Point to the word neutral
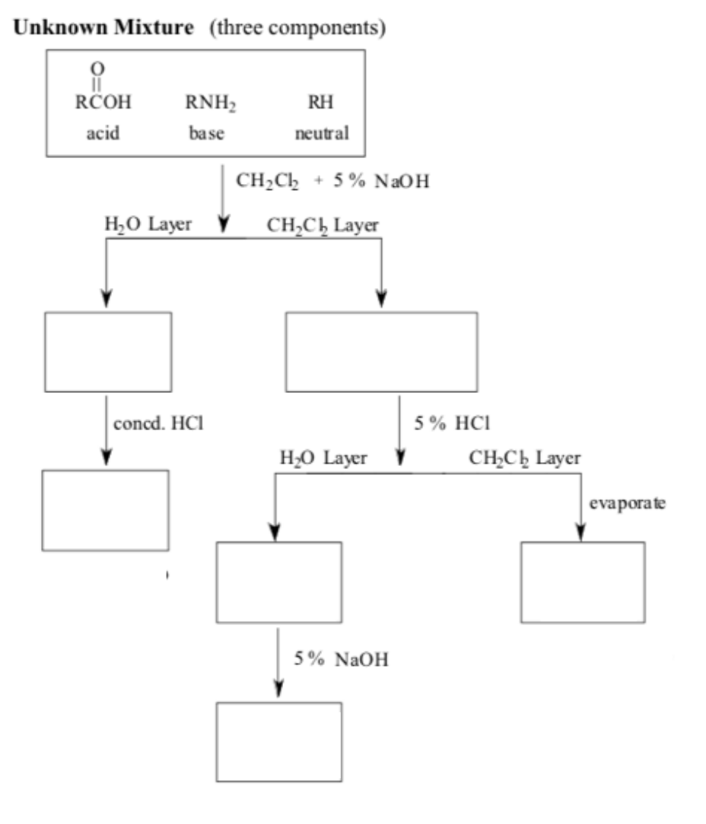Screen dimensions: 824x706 (322, 134)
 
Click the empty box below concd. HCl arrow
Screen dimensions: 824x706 (105, 510)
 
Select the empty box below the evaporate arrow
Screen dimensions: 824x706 (583, 582)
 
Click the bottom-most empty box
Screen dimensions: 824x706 (279, 741)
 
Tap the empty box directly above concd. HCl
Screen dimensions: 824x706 (108, 352)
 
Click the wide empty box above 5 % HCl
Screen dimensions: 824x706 (381, 352)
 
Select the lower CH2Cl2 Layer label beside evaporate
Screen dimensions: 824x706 (525, 458)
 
